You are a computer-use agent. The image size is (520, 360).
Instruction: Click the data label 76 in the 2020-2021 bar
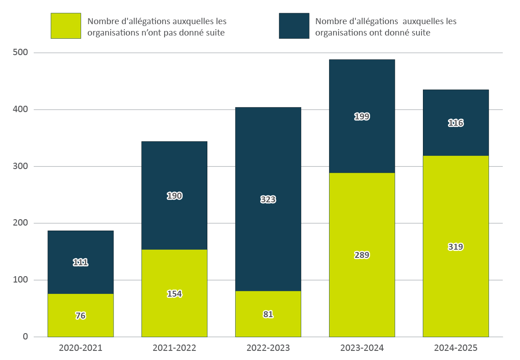[80, 316]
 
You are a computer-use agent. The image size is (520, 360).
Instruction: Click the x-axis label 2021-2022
[174, 348]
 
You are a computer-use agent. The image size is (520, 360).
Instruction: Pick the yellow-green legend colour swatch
[66, 26]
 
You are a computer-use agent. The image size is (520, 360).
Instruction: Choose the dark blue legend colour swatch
[294, 26]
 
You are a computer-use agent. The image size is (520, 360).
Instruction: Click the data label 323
[268, 199]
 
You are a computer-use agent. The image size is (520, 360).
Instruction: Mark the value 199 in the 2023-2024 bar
[362, 117]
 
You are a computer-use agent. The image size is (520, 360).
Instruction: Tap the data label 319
[456, 247]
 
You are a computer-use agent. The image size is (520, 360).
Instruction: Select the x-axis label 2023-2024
[362, 348]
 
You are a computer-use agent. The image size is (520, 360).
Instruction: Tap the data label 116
[456, 123]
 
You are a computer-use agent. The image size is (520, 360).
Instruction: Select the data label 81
[268, 314]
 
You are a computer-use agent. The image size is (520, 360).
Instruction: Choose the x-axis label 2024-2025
[456, 348]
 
